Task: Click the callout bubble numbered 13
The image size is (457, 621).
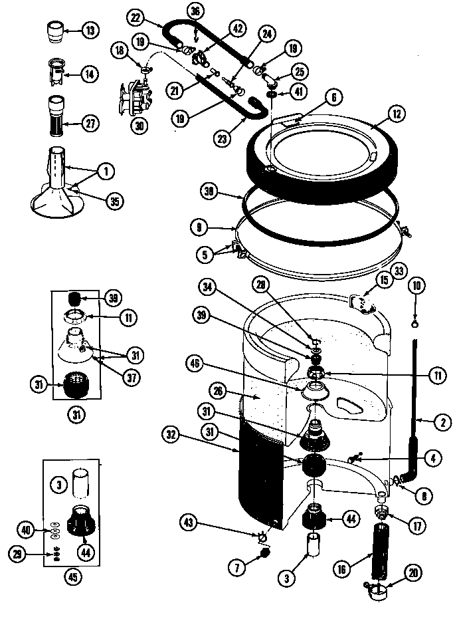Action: (90, 29)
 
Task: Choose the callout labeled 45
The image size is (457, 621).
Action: (72, 576)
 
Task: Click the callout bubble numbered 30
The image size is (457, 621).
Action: (139, 124)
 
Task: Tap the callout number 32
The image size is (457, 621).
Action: (173, 435)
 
